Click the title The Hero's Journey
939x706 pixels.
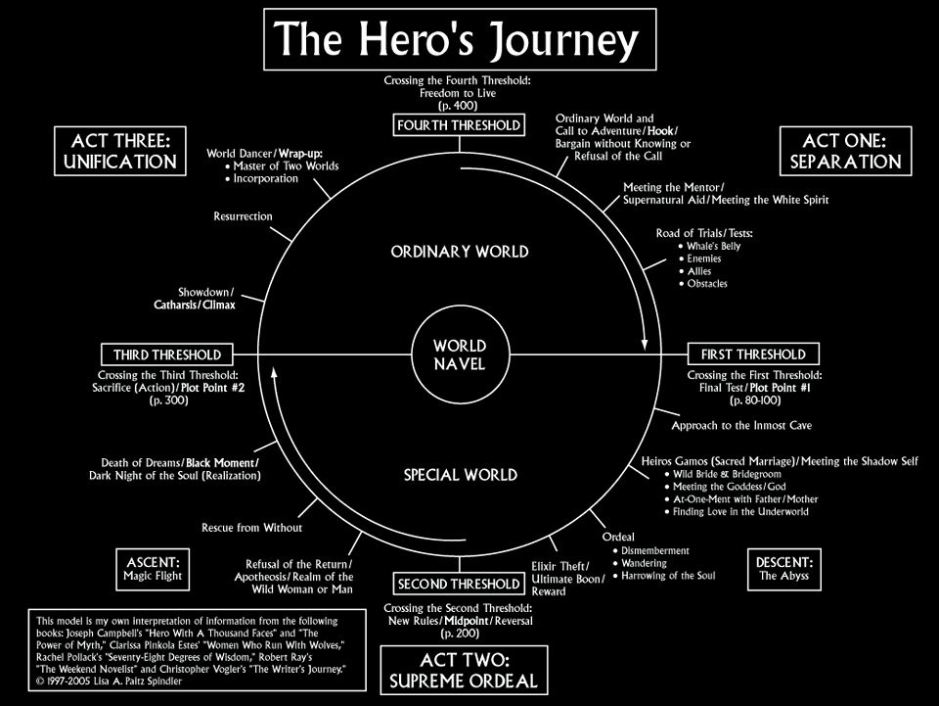[459, 40]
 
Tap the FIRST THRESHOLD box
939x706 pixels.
[753, 353]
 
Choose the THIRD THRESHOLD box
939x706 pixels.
[167, 353]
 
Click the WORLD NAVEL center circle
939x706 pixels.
[459, 354]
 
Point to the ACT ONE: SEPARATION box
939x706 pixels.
[845, 152]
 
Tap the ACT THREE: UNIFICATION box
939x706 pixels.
[120, 152]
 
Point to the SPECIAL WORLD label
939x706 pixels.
[460, 475]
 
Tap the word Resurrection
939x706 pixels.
[244, 216]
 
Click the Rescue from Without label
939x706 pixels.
[251, 527]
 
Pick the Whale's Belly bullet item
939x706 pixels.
[715, 246]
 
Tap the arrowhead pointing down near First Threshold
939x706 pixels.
[645, 344]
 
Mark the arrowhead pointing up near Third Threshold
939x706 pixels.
[275, 370]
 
